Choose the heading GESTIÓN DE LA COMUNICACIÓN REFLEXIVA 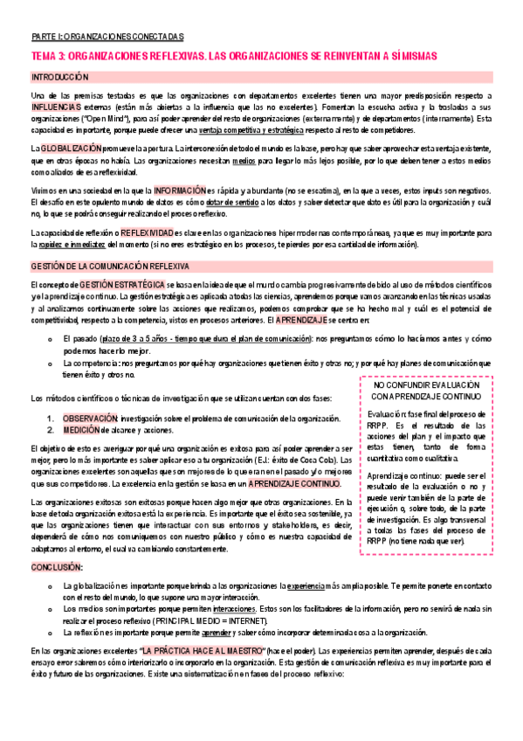point(116,265)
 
